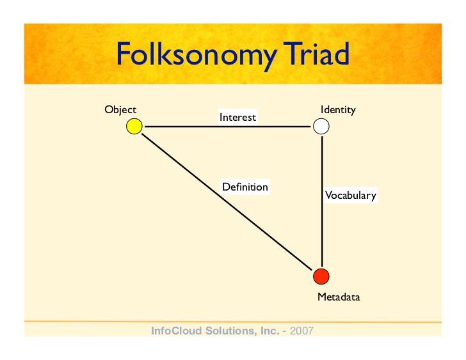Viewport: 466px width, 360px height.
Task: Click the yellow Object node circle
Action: (x=134, y=126)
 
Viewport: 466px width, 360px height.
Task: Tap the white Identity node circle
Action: (x=321, y=126)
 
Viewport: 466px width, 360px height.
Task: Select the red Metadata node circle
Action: (x=321, y=276)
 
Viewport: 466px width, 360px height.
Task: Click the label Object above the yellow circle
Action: (x=120, y=110)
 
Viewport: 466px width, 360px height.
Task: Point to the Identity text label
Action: (x=338, y=110)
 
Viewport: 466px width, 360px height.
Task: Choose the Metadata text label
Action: (x=339, y=297)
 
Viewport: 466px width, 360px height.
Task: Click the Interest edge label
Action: (x=237, y=117)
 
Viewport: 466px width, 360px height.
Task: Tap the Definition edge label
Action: (x=245, y=187)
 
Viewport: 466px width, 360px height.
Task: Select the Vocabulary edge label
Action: (x=351, y=195)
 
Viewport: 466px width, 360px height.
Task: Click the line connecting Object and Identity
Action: (x=228, y=127)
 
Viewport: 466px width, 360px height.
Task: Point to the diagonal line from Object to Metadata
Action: (x=227, y=202)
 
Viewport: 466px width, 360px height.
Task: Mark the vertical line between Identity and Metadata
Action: (x=322, y=201)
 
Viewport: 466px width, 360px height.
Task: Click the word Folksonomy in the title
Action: (x=197, y=54)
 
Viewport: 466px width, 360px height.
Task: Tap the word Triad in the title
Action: (x=316, y=54)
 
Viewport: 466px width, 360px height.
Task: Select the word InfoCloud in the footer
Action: (x=177, y=331)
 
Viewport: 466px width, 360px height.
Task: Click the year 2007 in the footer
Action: (x=301, y=331)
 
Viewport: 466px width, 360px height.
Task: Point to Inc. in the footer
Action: (x=270, y=331)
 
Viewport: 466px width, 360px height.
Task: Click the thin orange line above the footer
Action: (x=233, y=322)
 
